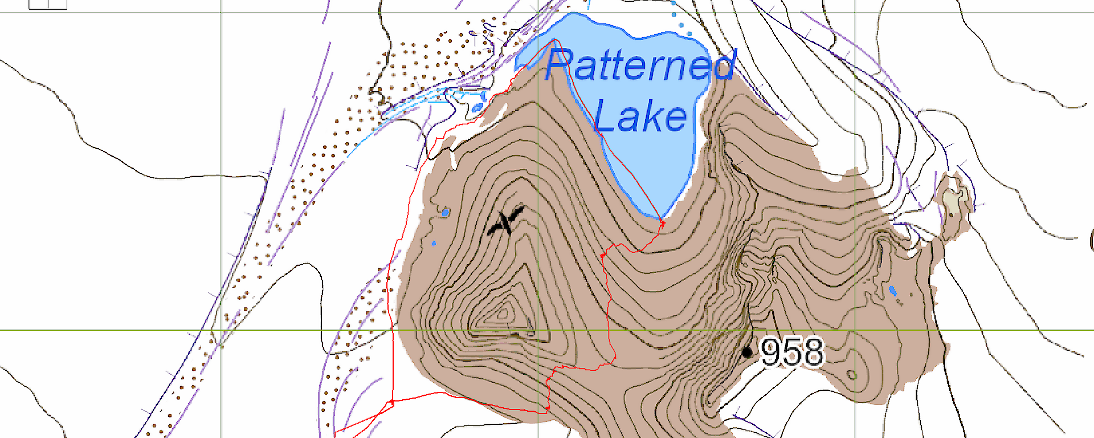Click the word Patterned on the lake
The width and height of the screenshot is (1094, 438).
coord(640,65)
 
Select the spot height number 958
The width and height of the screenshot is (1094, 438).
coord(792,352)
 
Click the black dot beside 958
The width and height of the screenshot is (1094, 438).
coord(747,352)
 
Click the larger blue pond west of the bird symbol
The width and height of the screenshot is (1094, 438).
coord(445,213)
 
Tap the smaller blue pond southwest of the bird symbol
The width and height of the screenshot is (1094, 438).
coord(434,244)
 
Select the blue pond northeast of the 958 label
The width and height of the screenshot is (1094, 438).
coord(892,291)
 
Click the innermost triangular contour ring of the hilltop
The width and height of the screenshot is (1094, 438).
coord(504,312)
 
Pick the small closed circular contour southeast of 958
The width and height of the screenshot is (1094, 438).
coord(851,375)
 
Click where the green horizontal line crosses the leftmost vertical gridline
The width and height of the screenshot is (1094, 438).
coord(221,330)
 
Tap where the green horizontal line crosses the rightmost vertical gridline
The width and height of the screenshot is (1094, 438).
coord(855,330)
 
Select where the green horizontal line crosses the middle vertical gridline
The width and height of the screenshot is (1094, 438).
coord(538,330)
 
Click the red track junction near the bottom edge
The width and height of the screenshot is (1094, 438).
coord(391,403)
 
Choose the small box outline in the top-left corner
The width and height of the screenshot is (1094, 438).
coord(48,4)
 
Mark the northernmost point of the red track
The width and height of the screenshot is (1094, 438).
coord(554,39)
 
